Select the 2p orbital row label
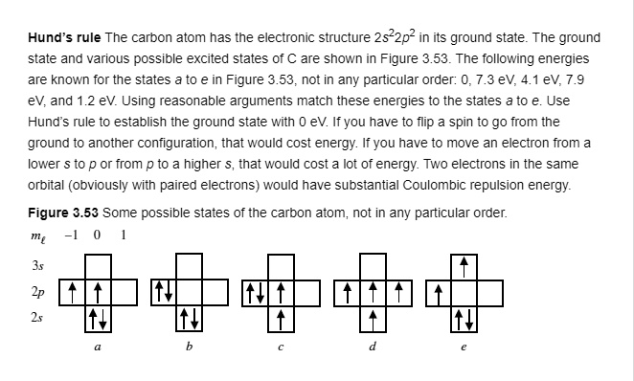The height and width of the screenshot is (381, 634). coord(38,287)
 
